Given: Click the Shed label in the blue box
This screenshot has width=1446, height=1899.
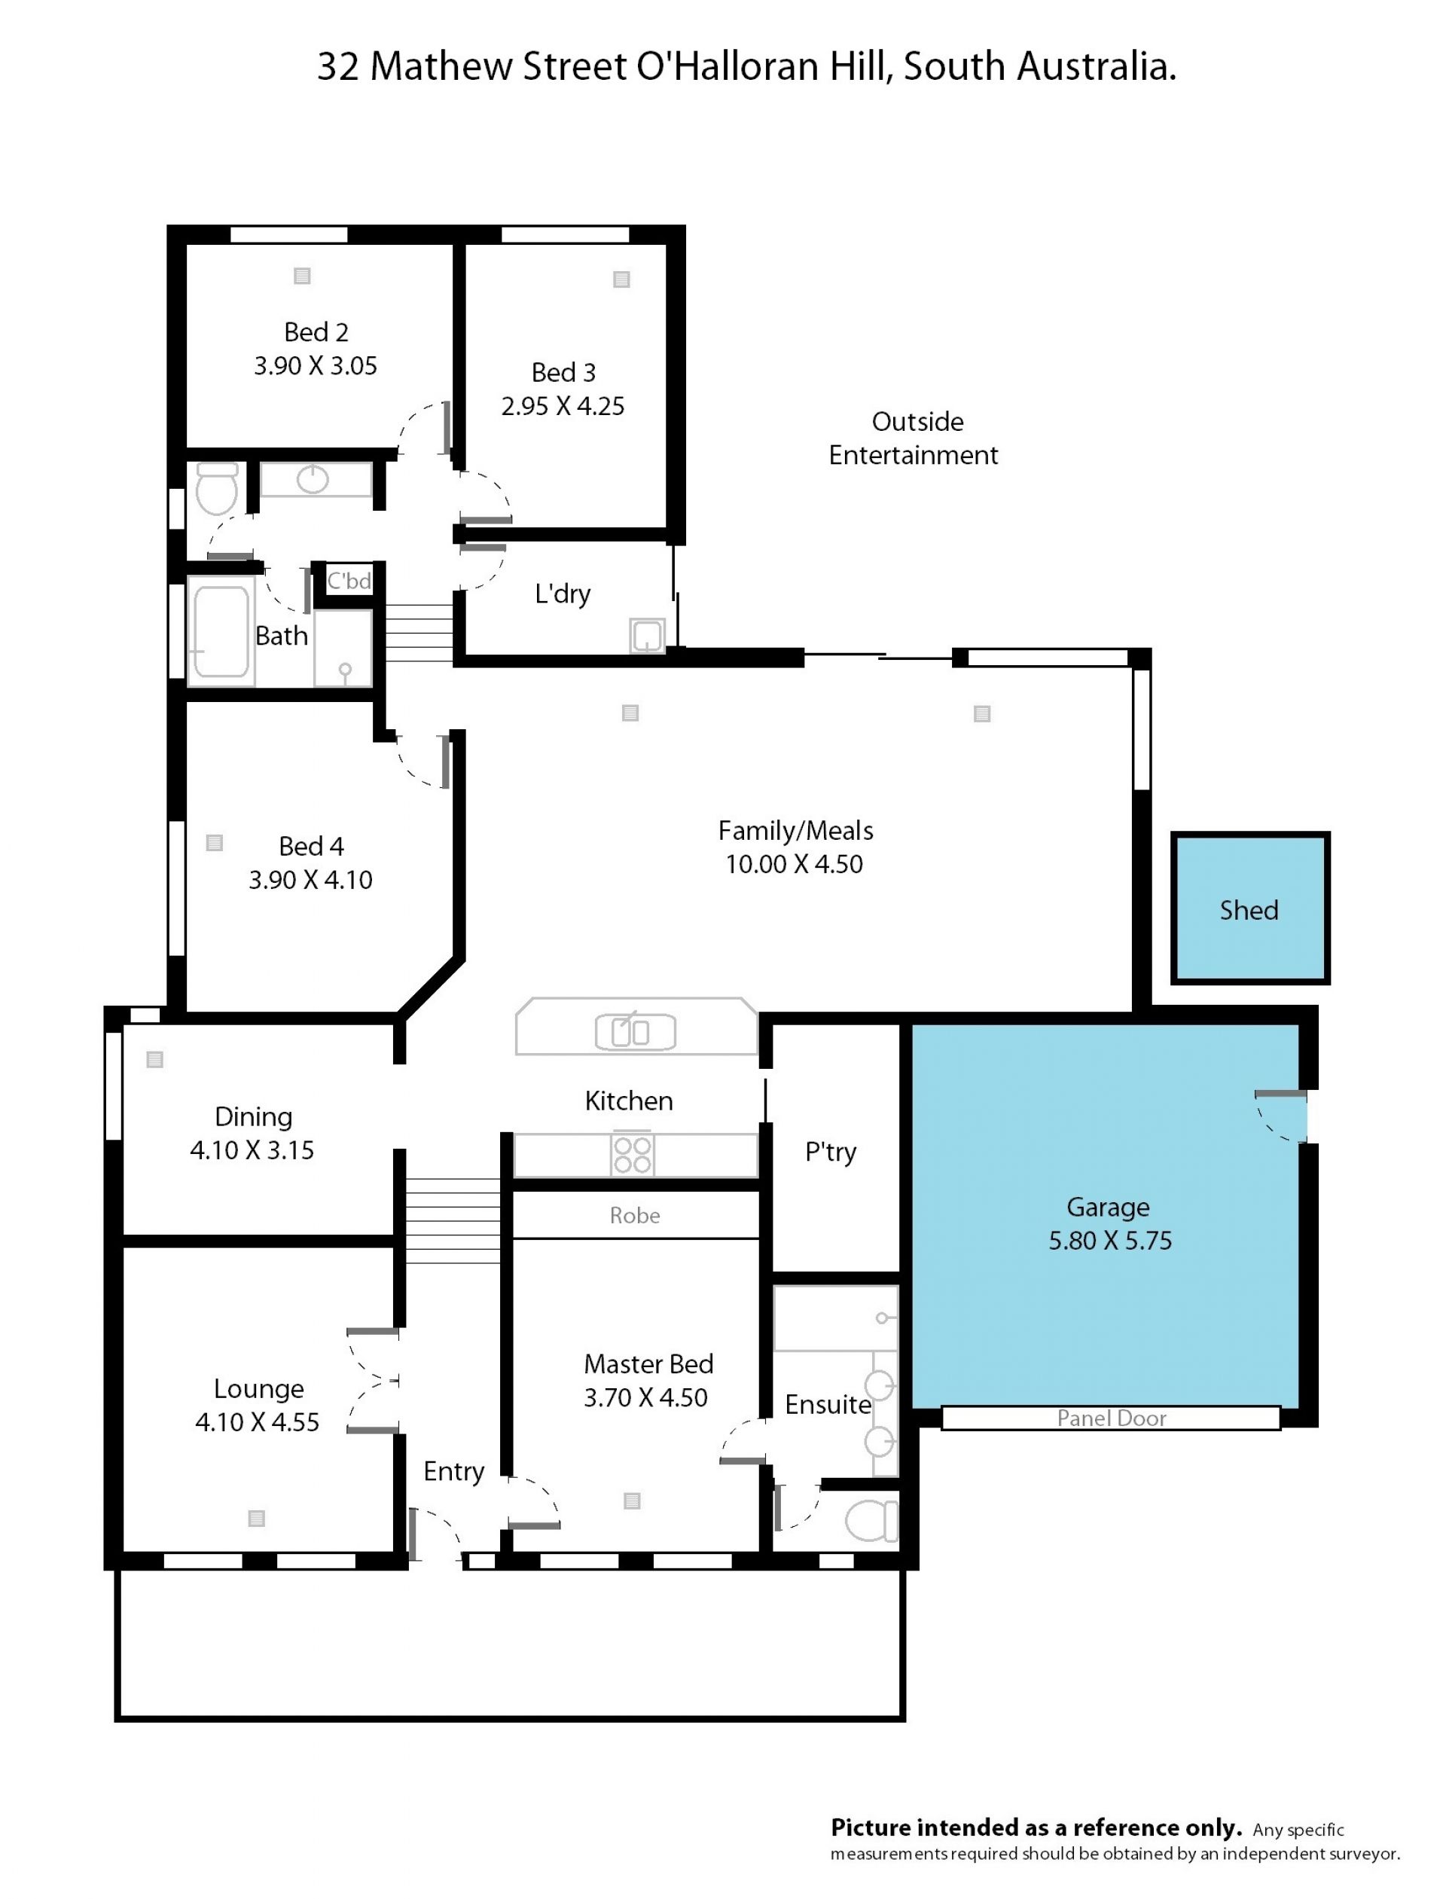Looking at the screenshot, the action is click(x=1248, y=910).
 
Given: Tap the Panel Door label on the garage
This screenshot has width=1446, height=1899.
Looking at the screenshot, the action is click(x=1111, y=1418).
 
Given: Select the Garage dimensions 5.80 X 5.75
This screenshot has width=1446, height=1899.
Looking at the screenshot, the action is click(x=1109, y=1241).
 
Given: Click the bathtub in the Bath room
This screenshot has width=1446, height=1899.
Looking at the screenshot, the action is click(x=221, y=632).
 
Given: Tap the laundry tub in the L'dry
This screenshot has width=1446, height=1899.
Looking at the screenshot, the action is click(x=646, y=637).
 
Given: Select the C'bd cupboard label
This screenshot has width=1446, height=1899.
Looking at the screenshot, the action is click(x=349, y=581).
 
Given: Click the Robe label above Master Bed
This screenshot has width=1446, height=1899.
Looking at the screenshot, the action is click(x=634, y=1216).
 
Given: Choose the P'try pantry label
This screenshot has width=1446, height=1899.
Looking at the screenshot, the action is click(x=831, y=1152).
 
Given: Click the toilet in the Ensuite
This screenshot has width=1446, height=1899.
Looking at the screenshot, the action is click(x=871, y=1521).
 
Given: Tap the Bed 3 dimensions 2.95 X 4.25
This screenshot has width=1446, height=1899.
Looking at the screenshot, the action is click(x=563, y=406).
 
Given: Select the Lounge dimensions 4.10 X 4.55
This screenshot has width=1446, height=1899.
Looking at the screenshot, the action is click(x=257, y=1422).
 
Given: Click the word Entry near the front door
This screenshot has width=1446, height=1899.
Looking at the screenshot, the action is click(x=453, y=1472).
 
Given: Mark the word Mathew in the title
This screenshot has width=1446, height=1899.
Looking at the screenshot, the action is click(x=441, y=66).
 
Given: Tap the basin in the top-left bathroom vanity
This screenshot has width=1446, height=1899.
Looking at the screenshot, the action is click(x=313, y=480).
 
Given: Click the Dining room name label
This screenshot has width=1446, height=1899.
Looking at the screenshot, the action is click(x=253, y=1116).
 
